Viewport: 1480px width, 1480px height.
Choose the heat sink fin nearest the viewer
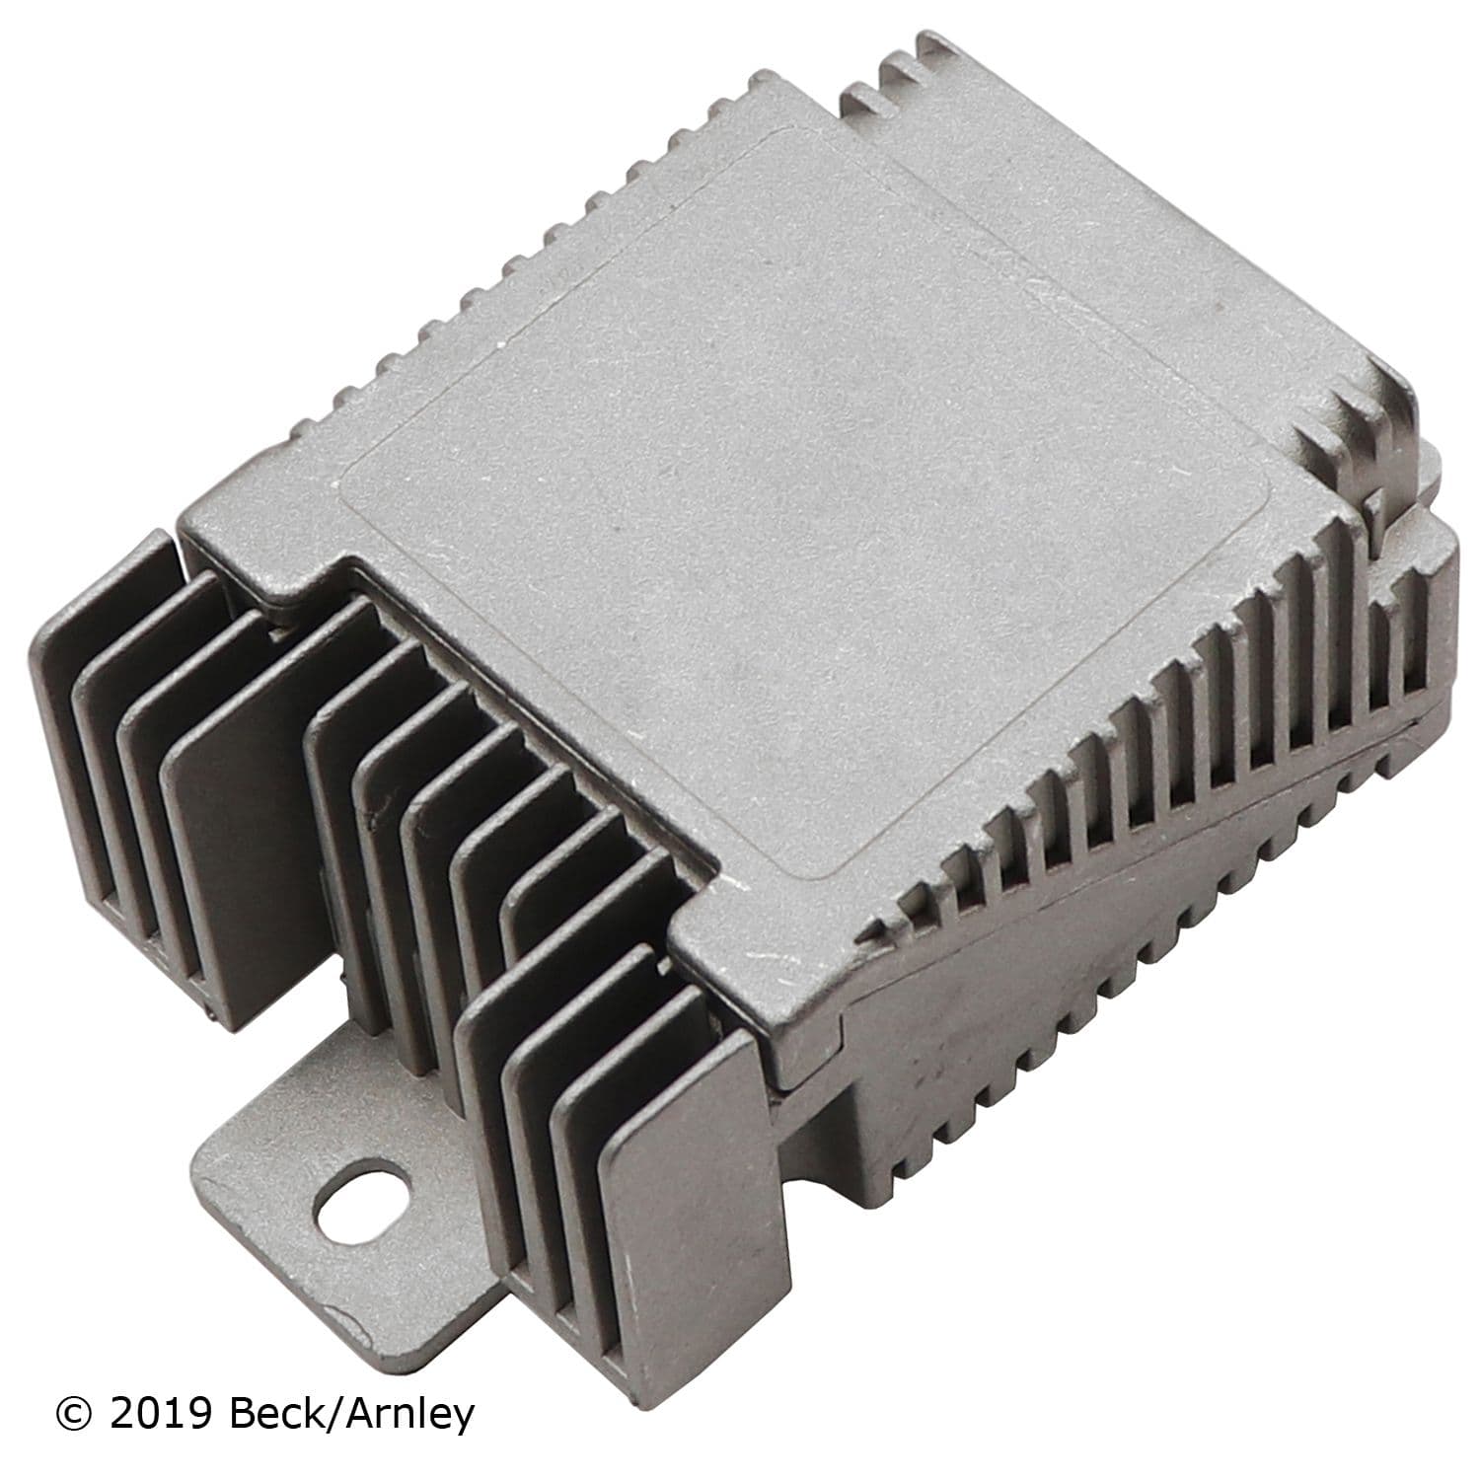coord(681,1243)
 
